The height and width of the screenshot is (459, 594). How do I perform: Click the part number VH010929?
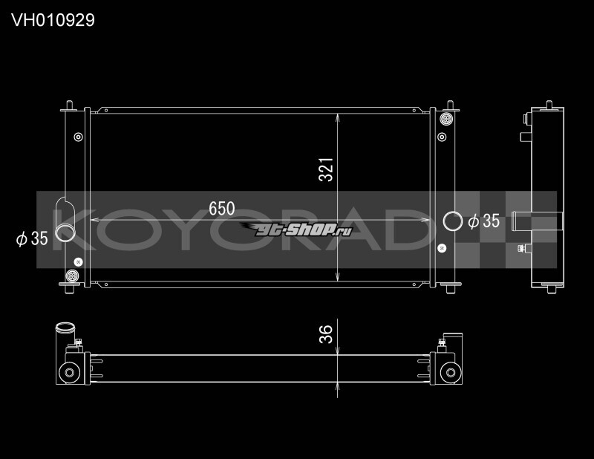pyautogui.click(x=53, y=20)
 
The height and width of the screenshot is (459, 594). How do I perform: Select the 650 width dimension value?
pyautogui.click(x=221, y=209)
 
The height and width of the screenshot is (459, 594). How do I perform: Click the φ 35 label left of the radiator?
pyautogui.click(x=32, y=238)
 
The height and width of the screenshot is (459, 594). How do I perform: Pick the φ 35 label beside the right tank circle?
pyautogui.click(x=483, y=221)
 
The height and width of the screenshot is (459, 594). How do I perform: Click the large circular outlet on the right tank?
pyautogui.click(x=451, y=221)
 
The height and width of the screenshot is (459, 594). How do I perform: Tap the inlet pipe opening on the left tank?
pyautogui.click(x=65, y=235)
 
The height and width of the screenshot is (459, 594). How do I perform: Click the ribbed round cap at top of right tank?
pyautogui.click(x=446, y=119)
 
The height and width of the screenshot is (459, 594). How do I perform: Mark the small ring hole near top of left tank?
pyautogui.click(x=77, y=137)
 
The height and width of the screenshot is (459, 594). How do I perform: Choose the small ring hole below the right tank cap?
pyautogui.click(x=443, y=137)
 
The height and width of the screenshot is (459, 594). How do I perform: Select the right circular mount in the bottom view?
pyautogui.click(x=448, y=373)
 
